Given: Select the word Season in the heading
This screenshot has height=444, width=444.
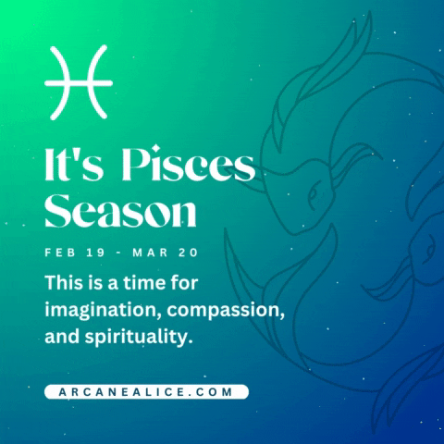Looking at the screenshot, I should tap(120, 212).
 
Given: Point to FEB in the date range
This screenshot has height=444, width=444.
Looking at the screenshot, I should tap(59, 251).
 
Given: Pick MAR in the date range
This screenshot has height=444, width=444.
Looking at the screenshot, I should tap(151, 251).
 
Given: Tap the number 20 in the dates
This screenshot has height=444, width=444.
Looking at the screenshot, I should tap(189, 251).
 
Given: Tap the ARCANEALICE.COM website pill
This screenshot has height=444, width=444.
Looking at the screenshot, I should tap(146, 391).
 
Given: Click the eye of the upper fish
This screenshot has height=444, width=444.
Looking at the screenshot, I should tap(314, 194).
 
